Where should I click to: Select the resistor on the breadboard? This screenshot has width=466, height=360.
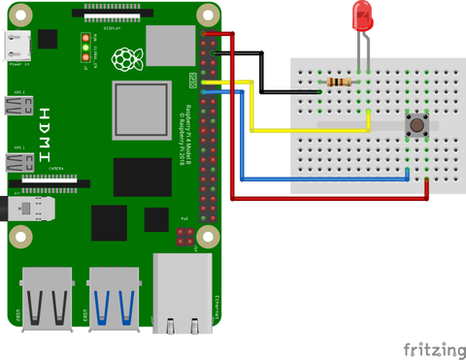pos(339,83)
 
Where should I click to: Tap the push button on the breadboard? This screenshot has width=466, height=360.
pos(417,125)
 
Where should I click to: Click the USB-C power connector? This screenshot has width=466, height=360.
pos(17,44)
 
